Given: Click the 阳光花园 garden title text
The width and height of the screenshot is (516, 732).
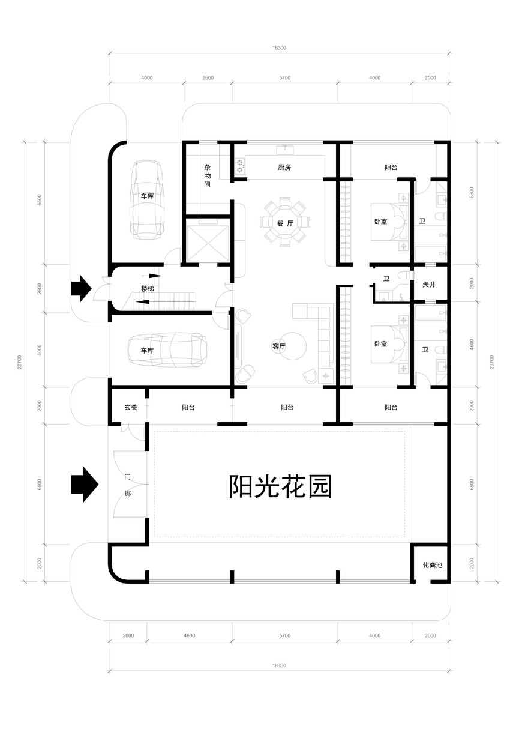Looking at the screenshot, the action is click(280, 486).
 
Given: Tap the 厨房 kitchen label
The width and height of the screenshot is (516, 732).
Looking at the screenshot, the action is click(284, 168).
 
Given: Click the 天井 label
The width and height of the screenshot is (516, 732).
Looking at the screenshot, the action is click(429, 285).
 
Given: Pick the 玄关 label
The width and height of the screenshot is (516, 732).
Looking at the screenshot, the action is click(131, 407).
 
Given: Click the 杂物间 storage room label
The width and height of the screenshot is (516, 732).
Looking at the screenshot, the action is click(207, 176).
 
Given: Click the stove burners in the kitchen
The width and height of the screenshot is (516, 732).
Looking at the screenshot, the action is click(241, 166).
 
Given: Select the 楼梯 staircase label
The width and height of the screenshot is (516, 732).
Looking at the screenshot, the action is click(147, 289).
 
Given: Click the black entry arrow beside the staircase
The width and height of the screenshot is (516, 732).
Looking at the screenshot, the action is click(81, 288).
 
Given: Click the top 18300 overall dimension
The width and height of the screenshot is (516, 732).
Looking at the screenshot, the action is click(279, 48).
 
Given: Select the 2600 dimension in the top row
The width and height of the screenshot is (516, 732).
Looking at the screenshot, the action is click(208, 78).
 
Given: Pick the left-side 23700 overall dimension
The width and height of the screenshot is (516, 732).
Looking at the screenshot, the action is click(20, 362).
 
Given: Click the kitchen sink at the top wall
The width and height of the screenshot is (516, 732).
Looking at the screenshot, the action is click(285, 150).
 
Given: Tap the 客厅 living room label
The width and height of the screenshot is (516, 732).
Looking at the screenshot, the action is click(278, 346).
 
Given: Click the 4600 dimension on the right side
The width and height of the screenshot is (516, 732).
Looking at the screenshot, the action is click(472, 344).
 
